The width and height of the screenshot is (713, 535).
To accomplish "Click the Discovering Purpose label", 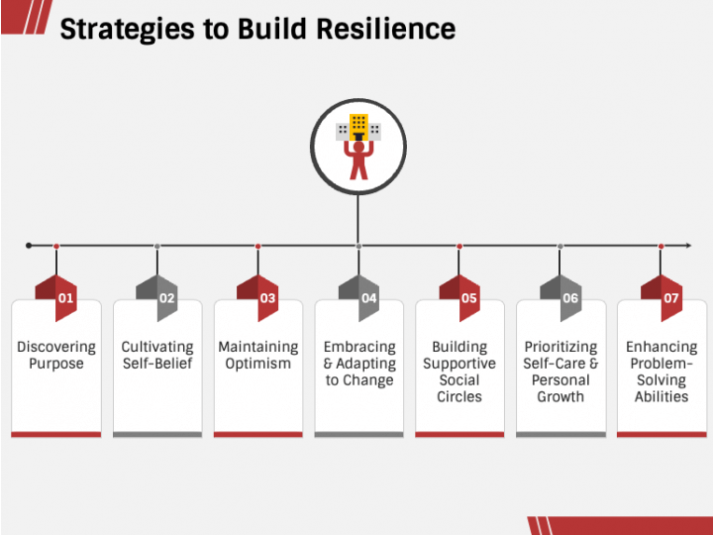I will pos(56,356).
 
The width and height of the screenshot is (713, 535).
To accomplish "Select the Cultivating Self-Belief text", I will pos(157,356).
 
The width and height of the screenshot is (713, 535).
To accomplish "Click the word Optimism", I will pos(258,364).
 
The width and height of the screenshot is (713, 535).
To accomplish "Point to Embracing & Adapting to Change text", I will pos(359,364).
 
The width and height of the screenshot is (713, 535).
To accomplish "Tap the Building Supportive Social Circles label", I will pos(459,372).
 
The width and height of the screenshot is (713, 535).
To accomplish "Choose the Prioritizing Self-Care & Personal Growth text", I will pos(560,372).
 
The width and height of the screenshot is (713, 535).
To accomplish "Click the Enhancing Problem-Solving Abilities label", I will pos(662,372).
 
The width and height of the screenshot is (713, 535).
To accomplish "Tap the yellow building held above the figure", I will pos(358,126).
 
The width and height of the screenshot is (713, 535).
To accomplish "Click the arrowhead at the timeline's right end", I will pos(686,245).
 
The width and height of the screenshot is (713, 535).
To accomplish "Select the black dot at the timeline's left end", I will pos(29,245).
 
